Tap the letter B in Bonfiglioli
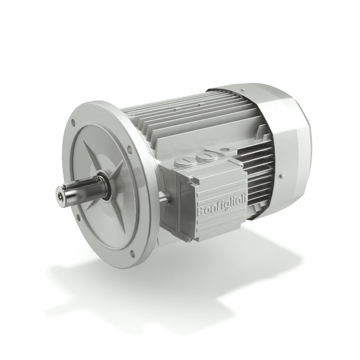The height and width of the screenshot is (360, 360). click(x=201, y=212)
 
